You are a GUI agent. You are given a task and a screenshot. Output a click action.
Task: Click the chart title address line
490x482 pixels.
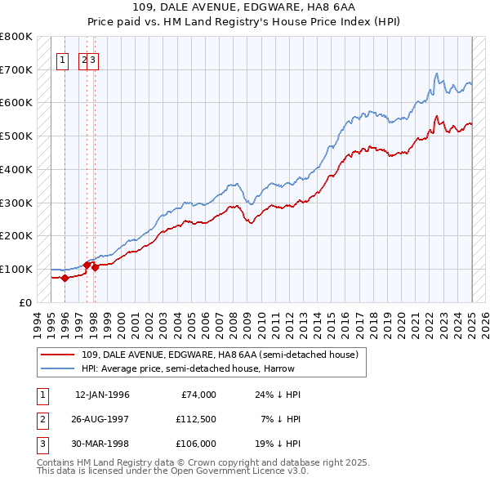click(244, 7)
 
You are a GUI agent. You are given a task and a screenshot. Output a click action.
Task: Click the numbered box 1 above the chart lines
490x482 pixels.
click(62, 59)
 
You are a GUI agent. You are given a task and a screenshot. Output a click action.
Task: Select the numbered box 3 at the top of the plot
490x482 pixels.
click(93, 59)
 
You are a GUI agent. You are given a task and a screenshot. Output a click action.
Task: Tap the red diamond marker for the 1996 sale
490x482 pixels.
click(65, 278)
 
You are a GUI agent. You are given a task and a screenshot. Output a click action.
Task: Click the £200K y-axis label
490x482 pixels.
click(16, 235)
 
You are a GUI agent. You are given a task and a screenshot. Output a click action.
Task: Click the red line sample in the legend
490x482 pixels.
click(58, 355)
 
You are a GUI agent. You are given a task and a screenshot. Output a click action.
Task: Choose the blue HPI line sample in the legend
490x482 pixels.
click(58, 368)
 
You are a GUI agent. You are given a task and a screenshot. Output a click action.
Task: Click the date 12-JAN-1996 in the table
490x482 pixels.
click(102, 395)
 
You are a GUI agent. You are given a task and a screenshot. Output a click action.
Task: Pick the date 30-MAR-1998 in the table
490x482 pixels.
click(102, 444)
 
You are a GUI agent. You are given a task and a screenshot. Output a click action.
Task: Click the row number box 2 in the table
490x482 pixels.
click(42, 419)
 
